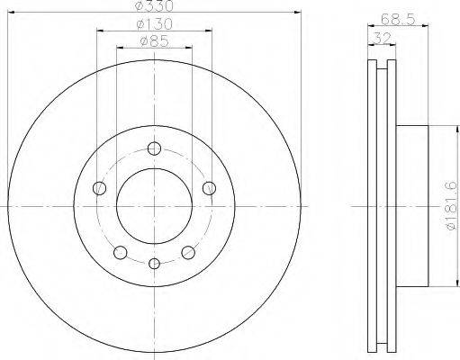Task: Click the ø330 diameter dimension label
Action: [x=155, y=6]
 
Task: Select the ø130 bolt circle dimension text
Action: [x=155, y=24]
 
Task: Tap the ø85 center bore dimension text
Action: [x=155, y=41]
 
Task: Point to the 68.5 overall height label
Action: [x=398, y=20]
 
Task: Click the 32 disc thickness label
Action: [x=382, y=38]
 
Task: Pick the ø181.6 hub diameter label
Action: [x=452, y=206]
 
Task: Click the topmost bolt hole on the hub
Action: [x=154, y=148]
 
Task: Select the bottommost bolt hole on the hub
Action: [x=154, y=264]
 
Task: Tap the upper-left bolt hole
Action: [x=100, y=188]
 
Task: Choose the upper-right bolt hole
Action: [x=209, y=188]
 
